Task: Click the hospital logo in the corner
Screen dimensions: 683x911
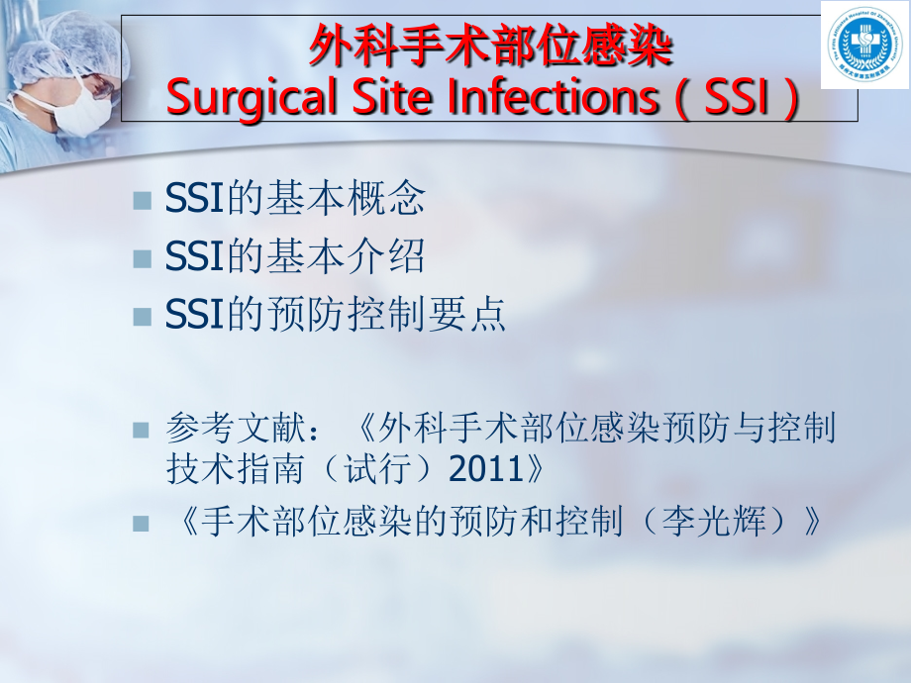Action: point(864,45)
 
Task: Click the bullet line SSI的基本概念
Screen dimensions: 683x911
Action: point(295,199)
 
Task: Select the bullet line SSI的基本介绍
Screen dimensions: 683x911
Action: point(295,256)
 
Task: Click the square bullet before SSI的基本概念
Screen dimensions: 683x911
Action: point(142,201)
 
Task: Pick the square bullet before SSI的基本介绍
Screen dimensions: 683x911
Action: point(142,258)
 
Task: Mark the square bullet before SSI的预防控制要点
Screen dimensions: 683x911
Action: point(142,316)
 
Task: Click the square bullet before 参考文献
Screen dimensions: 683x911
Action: point(142,431)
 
